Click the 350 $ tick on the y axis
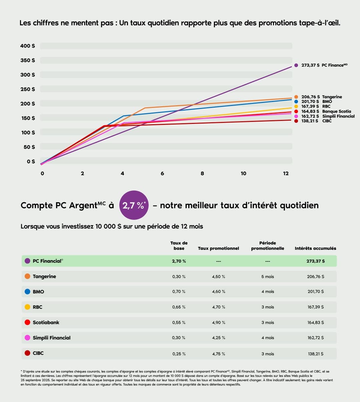pos(27,60)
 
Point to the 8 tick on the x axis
pos(202,174)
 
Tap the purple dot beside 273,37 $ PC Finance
pos(296,65)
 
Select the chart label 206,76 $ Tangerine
pos(321,97)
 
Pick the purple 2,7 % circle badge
pos(134,205)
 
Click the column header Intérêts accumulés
pos(315,248)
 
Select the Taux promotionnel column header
pos(218,248)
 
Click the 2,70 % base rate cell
pos(179,261)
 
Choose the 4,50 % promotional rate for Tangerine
pos(219,277)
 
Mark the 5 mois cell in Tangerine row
pos(267,277)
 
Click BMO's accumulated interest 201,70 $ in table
pos(315,292)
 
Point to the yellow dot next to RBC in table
pos(28,307)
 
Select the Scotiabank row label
pos(46,322)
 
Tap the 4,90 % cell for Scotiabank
pos(219,322)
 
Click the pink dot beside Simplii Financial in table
pos(28,338)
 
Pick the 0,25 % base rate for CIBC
pos(179,354)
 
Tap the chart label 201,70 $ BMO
pos(316,102)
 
